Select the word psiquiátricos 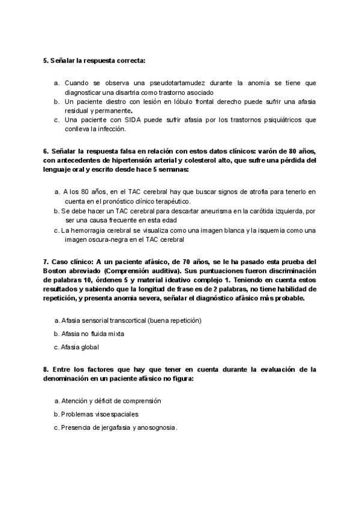[283, 119]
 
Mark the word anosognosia [157, 427]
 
